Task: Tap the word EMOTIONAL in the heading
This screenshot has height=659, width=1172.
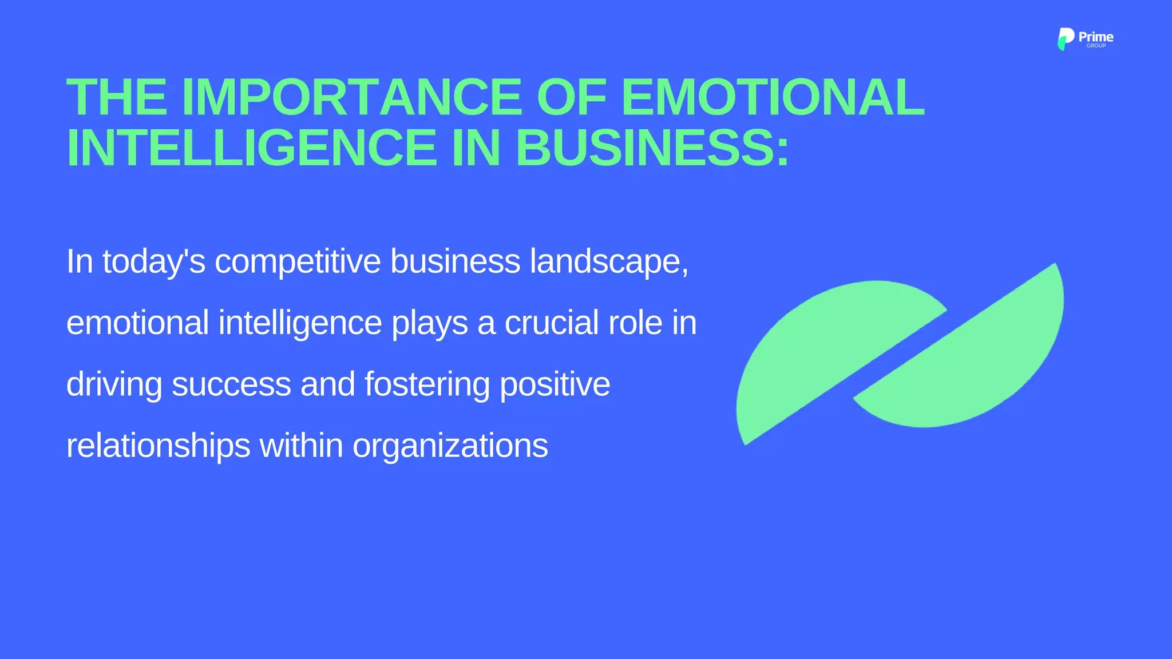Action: click(x=772, y=97)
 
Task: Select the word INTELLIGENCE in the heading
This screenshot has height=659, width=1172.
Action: click(x=252, y=148)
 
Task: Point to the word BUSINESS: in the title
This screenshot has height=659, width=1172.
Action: click(x=652, y=148)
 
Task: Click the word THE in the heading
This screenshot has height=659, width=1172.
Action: click(x=117, y=97)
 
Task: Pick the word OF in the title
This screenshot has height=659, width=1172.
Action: click(x=571, y=97)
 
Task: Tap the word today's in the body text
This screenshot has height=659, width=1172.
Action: click(x=153, y=262)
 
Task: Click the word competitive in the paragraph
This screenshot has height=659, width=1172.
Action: click(x=298, y=262)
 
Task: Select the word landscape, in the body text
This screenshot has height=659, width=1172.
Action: click(x=609, y=262)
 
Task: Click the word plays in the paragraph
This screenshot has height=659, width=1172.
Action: click(x=429, y=324)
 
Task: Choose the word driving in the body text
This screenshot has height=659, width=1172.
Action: click(x=114, y=384)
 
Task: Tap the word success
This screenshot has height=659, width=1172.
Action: click(x=231, y=384)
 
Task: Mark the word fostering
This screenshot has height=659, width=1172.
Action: click(x=427, y=384)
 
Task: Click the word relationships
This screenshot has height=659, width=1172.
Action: click(x=158, y=446)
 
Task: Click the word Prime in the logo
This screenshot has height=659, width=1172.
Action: click(x=1096, y=37)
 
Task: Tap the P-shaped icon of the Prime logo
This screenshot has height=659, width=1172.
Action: click(x=1065, y=39)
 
